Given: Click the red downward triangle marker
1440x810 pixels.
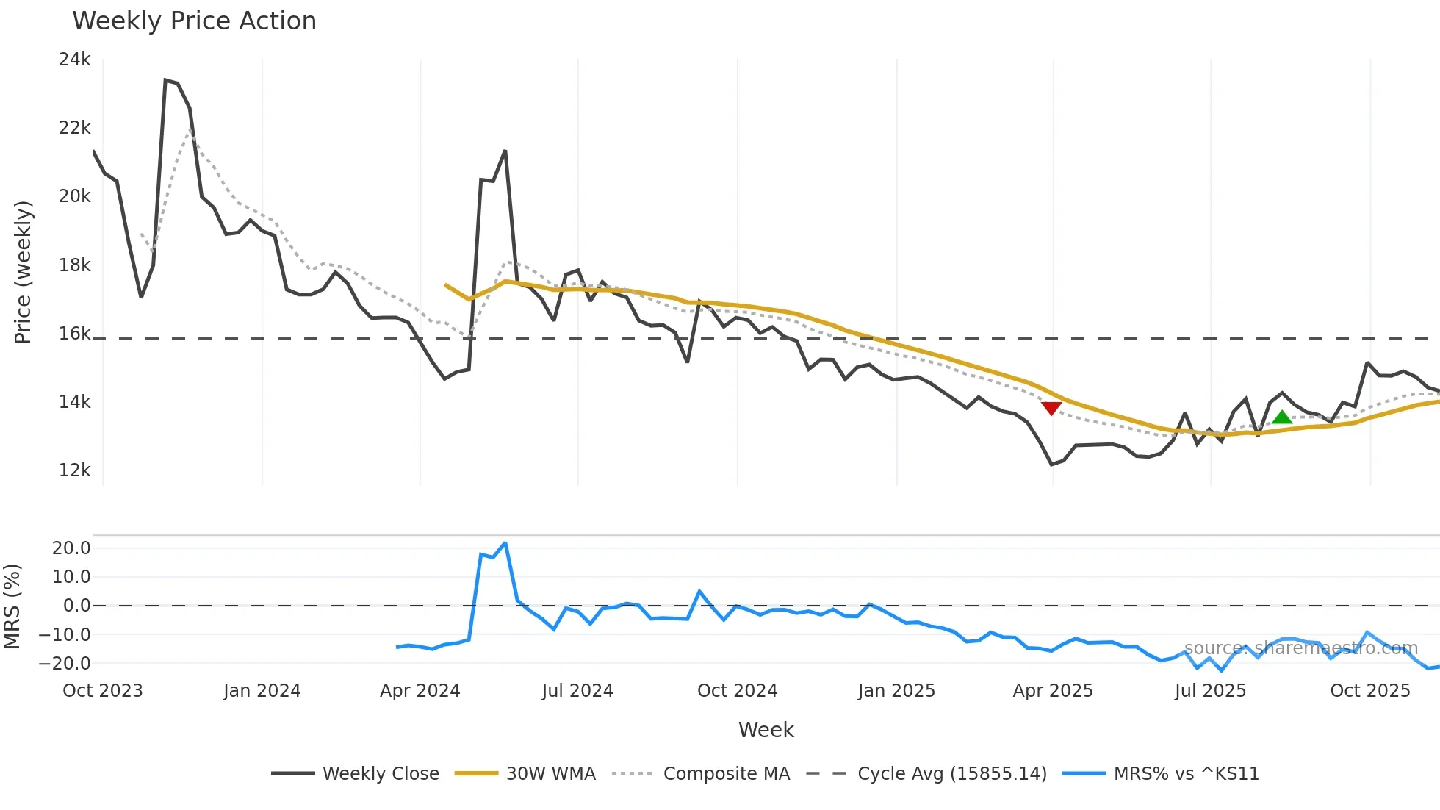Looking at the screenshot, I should (x=1051, y=408).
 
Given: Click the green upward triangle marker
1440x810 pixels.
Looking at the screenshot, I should (x=1282, y=417).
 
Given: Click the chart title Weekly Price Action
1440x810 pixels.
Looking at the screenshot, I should (x=194, y=21).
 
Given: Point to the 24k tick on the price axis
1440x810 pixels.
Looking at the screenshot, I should (x=75, y=60).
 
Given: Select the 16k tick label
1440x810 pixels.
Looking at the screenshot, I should (x=75, y=334).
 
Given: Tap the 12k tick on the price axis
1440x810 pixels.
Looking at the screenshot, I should (x=75, y=470).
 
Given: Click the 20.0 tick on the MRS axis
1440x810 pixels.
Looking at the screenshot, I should (x=71, y=548).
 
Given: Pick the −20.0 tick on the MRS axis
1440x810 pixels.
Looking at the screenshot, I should (x=65, y=663).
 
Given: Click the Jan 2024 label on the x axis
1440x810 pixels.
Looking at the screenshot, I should (x=262, y=691).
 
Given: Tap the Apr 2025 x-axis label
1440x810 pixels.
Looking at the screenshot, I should (x=1053, y=691).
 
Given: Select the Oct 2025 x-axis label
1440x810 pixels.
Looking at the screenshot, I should (x=1370, y=691).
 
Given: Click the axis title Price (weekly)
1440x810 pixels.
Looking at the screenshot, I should (x=23, y=272).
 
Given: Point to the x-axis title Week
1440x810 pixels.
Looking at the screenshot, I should (x=766, y=730).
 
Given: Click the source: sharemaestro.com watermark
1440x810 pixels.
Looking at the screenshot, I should (x=1300, y=648).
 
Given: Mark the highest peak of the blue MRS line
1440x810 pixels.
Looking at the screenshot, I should (x=505, y=543).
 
